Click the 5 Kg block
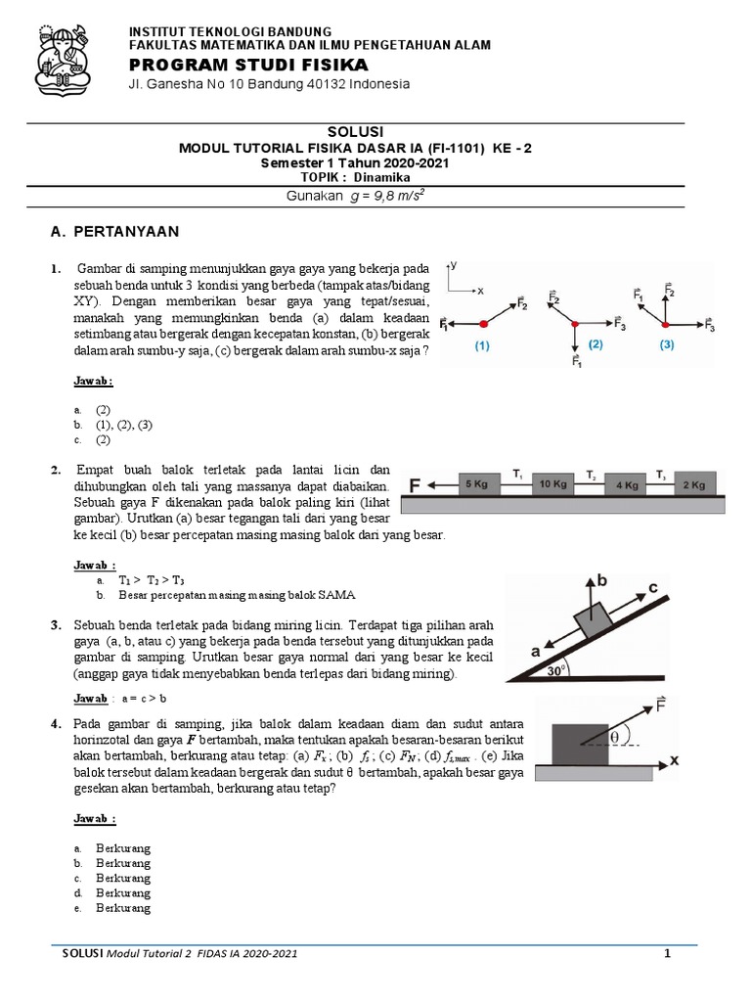(475, 484)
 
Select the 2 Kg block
(693, 484)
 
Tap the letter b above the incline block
(602, 580)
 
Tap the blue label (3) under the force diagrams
(667, 344)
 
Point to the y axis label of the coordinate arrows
(454, 266)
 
